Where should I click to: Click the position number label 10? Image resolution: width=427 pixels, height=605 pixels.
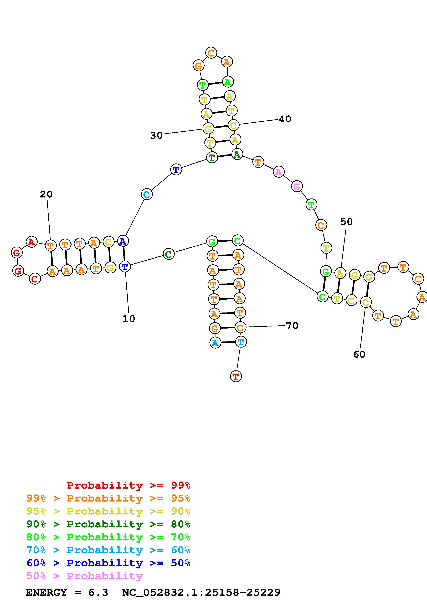129,319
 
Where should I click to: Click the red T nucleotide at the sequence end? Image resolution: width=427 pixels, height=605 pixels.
236,376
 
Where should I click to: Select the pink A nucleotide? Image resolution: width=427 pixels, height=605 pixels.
278,172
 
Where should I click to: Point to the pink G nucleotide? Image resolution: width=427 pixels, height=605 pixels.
297,187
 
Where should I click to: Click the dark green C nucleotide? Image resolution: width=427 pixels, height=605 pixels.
169,254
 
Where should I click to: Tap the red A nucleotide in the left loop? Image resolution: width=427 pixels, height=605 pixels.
32,242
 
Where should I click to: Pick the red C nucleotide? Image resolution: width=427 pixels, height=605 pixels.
35,279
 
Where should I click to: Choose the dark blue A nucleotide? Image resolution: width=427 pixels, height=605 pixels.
123,241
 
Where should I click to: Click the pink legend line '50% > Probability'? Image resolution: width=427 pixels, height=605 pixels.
84,576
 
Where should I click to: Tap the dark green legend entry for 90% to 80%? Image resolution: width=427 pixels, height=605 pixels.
108,524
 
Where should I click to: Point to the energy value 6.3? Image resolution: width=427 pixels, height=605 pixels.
98,593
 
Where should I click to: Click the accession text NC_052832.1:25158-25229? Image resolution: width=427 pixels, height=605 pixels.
201,593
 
